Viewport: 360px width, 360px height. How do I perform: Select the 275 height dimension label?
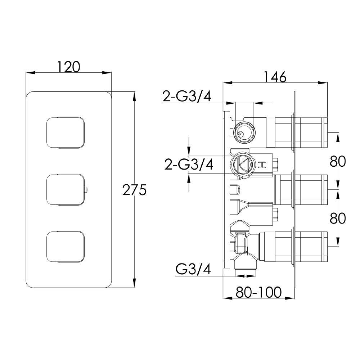[134, 189]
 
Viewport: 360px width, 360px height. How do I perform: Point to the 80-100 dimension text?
[258, 293]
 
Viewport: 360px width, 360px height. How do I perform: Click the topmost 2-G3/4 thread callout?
[186, 96]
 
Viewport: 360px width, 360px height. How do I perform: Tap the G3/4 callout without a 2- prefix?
[193, 269]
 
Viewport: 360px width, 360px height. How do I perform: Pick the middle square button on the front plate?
[65, 189]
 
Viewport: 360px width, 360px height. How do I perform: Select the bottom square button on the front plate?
[65, 246]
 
